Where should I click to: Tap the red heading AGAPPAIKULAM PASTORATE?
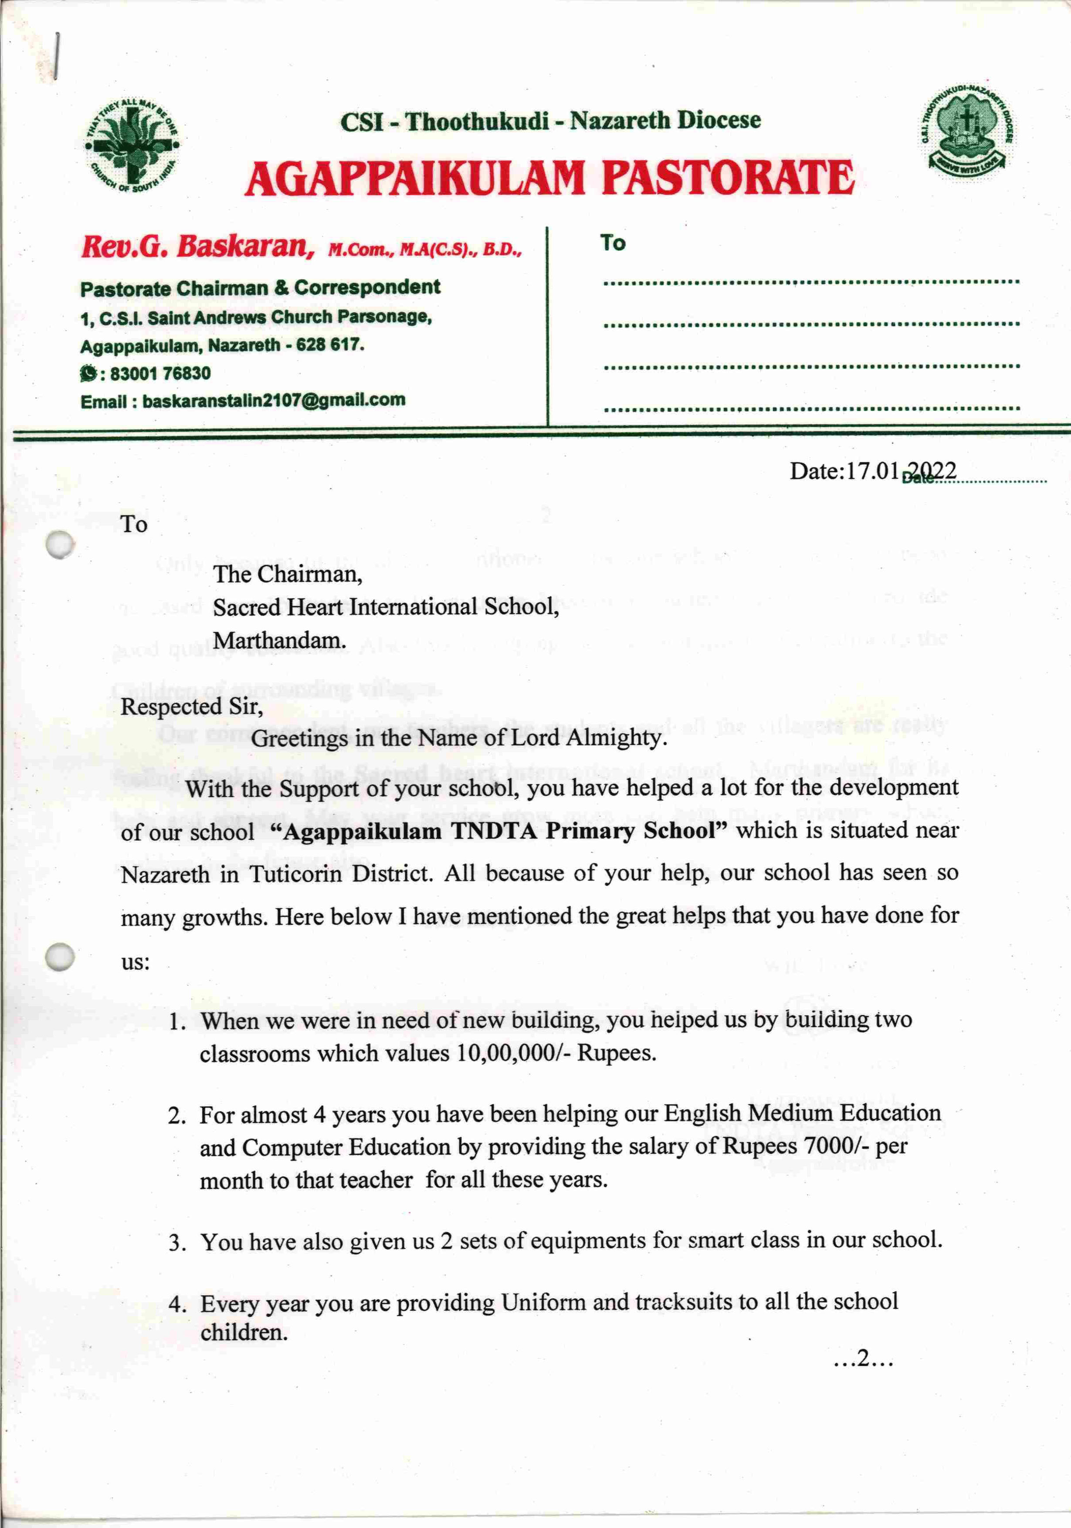pyautogui.click(x=549, y=178)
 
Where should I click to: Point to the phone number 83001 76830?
pyautogui.click(x=160, y=373)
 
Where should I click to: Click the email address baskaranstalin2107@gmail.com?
pyautogui.click(x=274, y=401)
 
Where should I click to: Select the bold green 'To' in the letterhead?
pyautogui.click(x=613, y=243)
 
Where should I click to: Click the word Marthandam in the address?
pyautogui.click(x=279, y=640)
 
